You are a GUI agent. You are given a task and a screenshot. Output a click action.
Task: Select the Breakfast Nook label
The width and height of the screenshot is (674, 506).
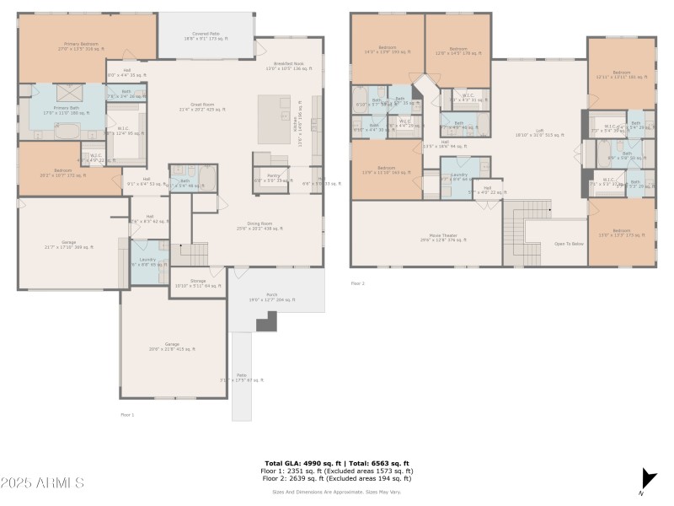tap(288, 66)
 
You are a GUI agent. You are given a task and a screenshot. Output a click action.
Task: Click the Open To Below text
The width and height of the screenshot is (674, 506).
tap(569, 244)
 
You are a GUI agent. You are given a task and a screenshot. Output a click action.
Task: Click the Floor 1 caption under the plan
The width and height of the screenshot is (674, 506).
tap(127, 414)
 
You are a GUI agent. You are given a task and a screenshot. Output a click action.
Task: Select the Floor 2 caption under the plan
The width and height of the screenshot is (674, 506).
tap(358, 283)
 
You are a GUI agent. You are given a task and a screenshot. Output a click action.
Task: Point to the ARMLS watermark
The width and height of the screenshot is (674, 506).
tap(42, 483)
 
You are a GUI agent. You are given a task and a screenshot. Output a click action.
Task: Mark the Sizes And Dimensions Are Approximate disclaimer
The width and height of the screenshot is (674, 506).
tap(336, 491)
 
